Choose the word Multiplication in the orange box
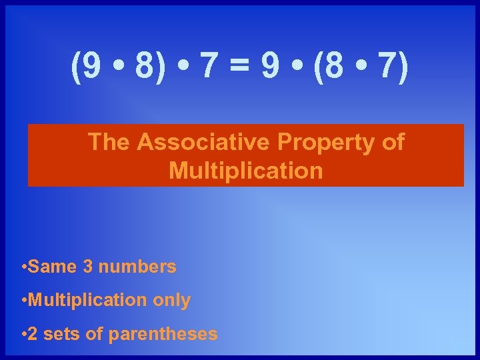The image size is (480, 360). (x=246, y=171)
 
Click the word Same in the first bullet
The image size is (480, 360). (x=53, y=267)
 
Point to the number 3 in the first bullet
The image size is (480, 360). (x=88, y=267)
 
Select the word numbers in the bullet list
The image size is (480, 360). (x=137, y=267)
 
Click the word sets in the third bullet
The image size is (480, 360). (x=61, y=334)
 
